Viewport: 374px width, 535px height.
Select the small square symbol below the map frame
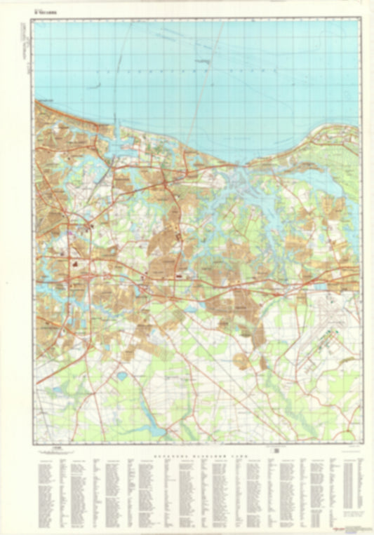point(276,449)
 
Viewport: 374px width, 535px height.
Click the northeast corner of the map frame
point(360,18)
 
